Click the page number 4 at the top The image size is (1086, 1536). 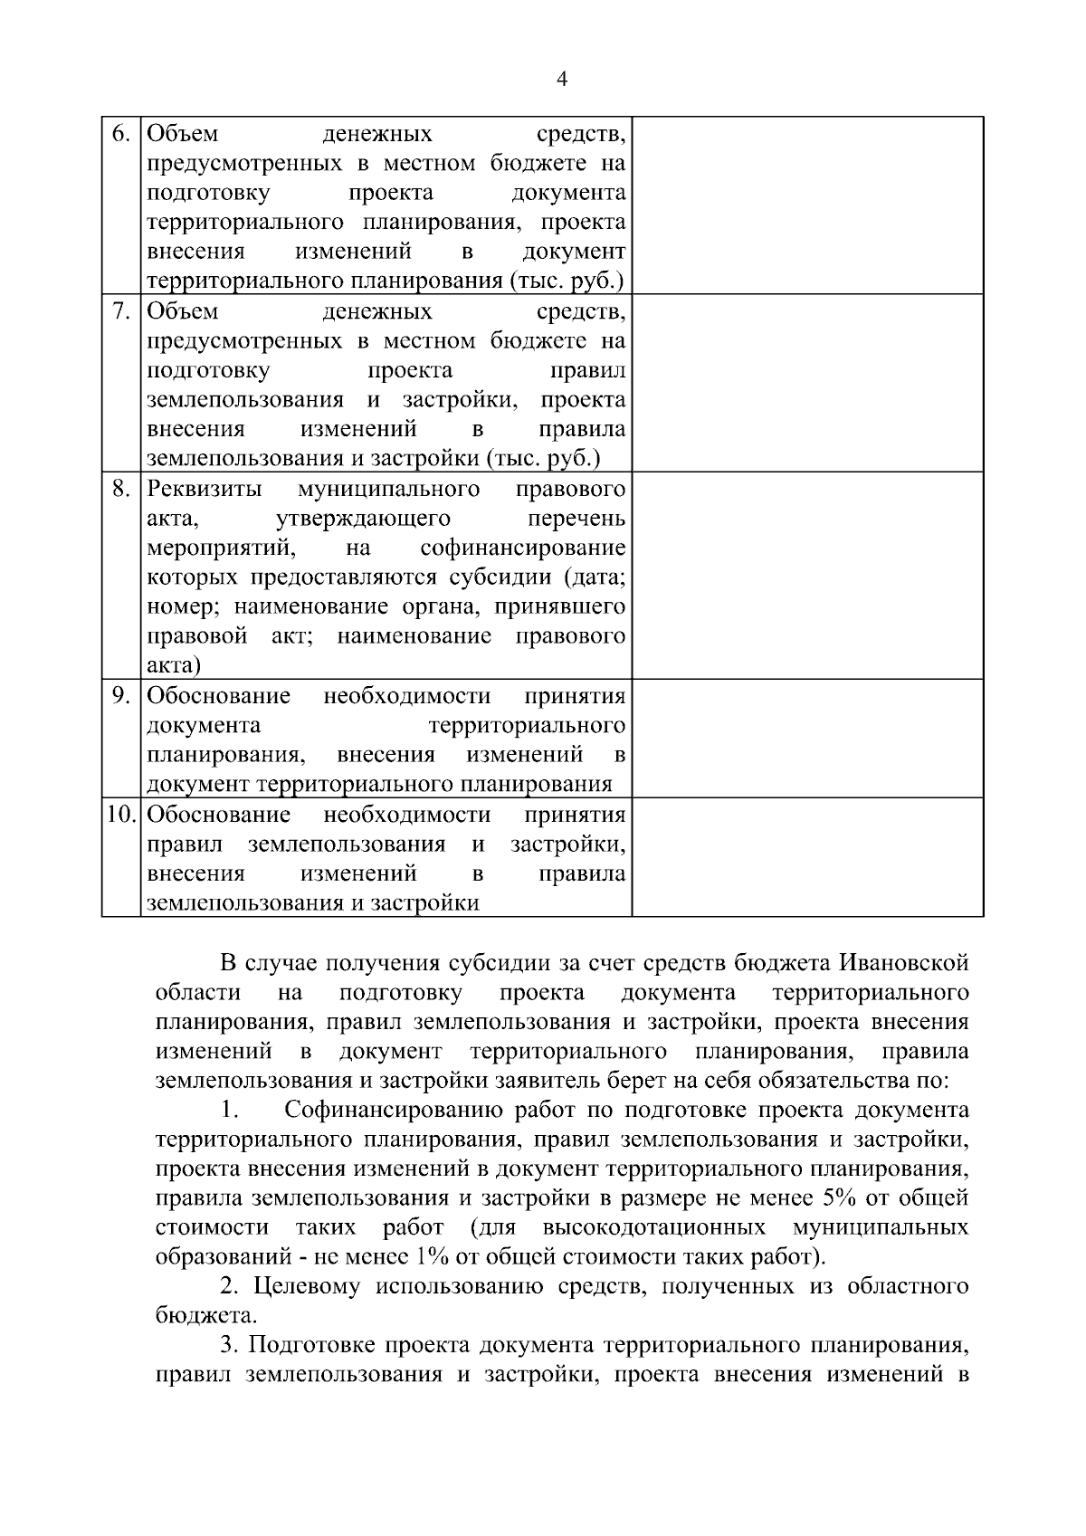point(561,80)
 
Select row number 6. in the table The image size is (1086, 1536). point(120,134)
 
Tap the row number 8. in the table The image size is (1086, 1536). point(120,490)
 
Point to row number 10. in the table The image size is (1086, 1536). point(120,815)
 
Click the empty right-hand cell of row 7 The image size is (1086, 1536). point(807,382)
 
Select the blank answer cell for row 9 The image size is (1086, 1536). point(807,738)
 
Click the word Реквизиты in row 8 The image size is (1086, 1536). point(205,490)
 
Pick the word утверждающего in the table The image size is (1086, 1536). point(362,519)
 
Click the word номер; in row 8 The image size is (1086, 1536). point(178,606)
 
